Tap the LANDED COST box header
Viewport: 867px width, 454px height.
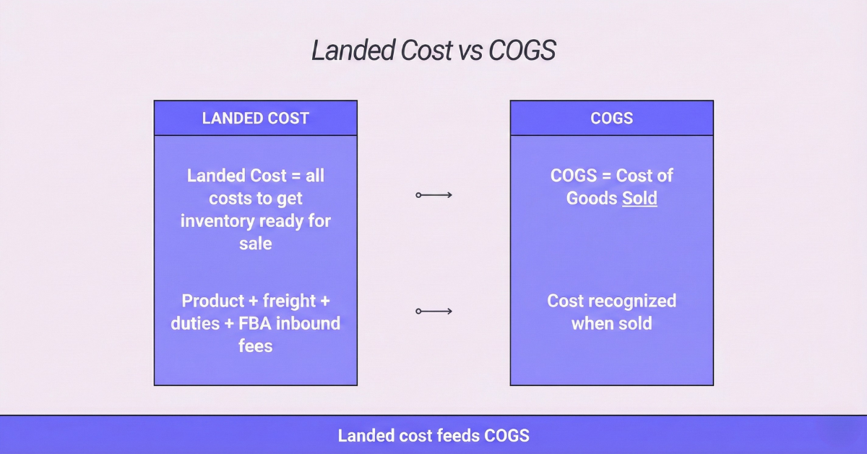(256, 119)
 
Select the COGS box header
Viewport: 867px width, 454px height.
(611, 119)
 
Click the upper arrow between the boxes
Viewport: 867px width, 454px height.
(433, 194)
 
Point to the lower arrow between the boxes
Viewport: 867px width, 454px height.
(433, 311)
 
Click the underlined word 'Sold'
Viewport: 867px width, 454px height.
(639, 198)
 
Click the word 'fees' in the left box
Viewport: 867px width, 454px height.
(256, 346)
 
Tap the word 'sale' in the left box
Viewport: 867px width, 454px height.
(256, 243)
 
